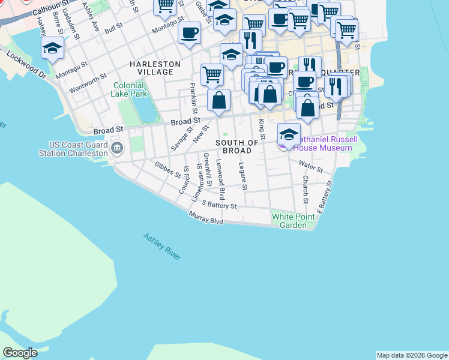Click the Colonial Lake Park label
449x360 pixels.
[x=130, y=89]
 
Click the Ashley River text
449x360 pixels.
[x=161, y=247]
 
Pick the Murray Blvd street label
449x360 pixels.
[x=205, y=218]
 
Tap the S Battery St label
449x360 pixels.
[x=219, y=205]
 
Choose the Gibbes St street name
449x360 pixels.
[x=167, y=170]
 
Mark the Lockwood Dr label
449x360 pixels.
[x=26, y=65]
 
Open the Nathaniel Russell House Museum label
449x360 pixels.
[x=327, y=143]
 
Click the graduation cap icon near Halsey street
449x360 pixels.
[x=53, y=48]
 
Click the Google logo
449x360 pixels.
[x=20, y=353]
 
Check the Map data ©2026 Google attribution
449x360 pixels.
[x=411, y=355]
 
